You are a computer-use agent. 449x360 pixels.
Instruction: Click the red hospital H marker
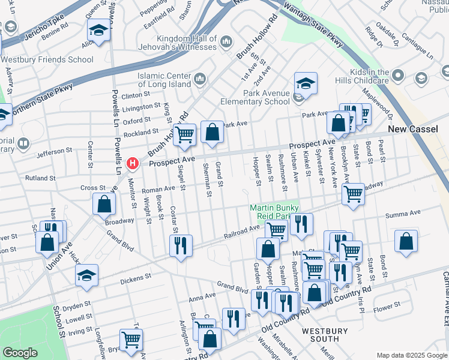(x=133, y=163)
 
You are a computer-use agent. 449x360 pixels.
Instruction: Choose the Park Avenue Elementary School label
(x=267, y=97)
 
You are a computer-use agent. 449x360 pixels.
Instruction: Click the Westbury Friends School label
(x=47, y=59)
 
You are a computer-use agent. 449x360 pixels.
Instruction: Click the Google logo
(x=20, y=353)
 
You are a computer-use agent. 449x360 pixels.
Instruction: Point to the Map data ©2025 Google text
(x=411, y=355)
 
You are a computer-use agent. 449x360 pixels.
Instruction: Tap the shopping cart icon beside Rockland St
(x=185, y=134)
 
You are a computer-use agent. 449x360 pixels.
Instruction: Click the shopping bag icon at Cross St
(x=104, y=203)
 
